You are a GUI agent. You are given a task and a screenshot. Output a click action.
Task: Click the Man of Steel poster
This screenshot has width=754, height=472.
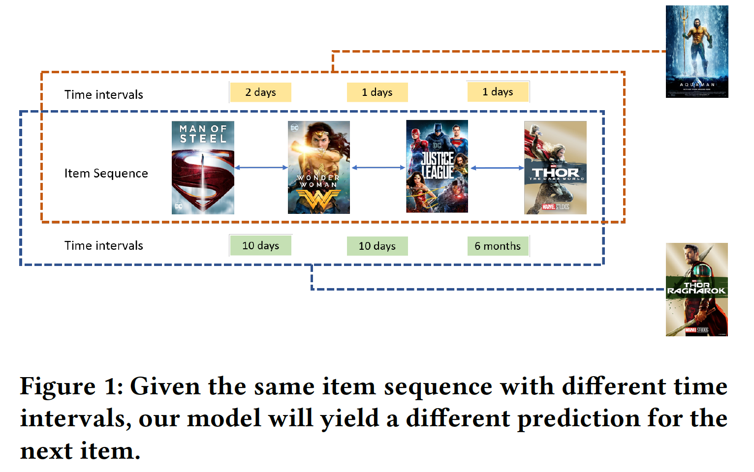point(203,167)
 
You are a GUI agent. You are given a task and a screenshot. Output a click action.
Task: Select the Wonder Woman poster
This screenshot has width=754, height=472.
point(318,167)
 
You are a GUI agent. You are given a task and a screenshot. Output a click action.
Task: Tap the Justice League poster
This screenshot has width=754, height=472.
point(437,166)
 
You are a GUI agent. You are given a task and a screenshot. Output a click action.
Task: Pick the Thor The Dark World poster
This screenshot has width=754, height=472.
point(555,167)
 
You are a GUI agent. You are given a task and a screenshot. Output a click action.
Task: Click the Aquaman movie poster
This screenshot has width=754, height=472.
point(696,51)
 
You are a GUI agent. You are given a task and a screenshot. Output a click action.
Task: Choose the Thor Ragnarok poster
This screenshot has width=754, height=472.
point(696,289)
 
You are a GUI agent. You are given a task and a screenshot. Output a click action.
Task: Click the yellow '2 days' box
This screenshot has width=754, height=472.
point(260,92)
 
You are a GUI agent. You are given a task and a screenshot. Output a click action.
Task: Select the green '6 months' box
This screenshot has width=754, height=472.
point(498,246)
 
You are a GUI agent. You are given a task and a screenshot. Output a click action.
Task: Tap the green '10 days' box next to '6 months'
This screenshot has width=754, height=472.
point(377,246)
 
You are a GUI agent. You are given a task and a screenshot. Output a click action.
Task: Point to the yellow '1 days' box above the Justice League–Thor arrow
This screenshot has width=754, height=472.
point(498,92)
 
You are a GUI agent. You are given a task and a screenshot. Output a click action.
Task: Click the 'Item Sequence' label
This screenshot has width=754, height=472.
point(106,174)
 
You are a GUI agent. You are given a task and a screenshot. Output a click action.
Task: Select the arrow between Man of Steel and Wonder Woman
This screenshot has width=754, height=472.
point(261,168)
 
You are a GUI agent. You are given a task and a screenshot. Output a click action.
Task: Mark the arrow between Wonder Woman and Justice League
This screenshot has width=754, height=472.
point(378,168)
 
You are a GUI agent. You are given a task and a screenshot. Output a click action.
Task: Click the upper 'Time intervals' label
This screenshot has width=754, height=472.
point(103,95)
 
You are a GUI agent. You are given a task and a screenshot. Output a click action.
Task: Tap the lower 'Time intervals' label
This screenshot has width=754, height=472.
point(103,246)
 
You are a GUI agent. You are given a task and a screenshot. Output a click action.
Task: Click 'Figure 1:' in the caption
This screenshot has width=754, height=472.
point(71,386)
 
